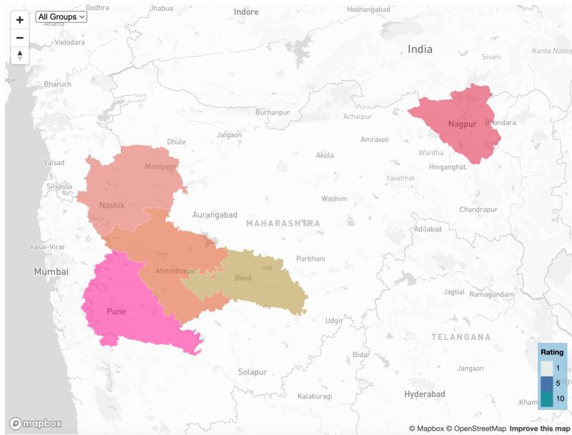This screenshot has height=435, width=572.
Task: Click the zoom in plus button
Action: coord(20,20)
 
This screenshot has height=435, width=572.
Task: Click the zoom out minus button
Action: coord(20,38)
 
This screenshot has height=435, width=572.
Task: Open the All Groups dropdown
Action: coord(61,16)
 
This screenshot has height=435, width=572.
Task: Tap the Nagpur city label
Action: coord(462,124)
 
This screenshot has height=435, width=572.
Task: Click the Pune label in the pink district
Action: coord(116,311)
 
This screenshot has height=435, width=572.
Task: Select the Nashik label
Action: coord(112,205)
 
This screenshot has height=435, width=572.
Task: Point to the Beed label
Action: coord(243,278)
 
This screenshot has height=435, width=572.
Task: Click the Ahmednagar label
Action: coord(175,271)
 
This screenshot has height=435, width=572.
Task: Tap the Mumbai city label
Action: coord(51,271)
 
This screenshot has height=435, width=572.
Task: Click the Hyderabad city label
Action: coord(424,394)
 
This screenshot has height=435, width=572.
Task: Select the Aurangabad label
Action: coord(214,214)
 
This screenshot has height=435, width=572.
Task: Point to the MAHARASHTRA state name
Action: coord(282,224)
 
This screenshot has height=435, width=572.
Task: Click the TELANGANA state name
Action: coord(461,336)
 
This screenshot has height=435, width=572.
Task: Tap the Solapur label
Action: coord(252,372)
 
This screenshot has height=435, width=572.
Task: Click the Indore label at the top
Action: coord(246,12)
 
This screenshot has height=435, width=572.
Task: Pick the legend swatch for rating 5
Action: coord(548,384)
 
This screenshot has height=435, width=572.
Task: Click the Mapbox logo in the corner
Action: coord(35,423)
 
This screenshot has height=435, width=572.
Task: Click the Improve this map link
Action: coord(540,429)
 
